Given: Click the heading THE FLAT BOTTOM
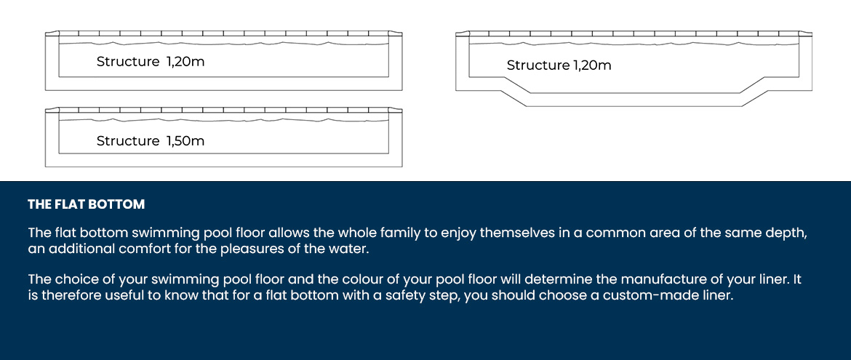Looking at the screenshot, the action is point(87,204).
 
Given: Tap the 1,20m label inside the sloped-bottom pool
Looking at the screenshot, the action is point(591,65).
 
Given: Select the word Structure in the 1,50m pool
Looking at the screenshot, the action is point(128,141).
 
